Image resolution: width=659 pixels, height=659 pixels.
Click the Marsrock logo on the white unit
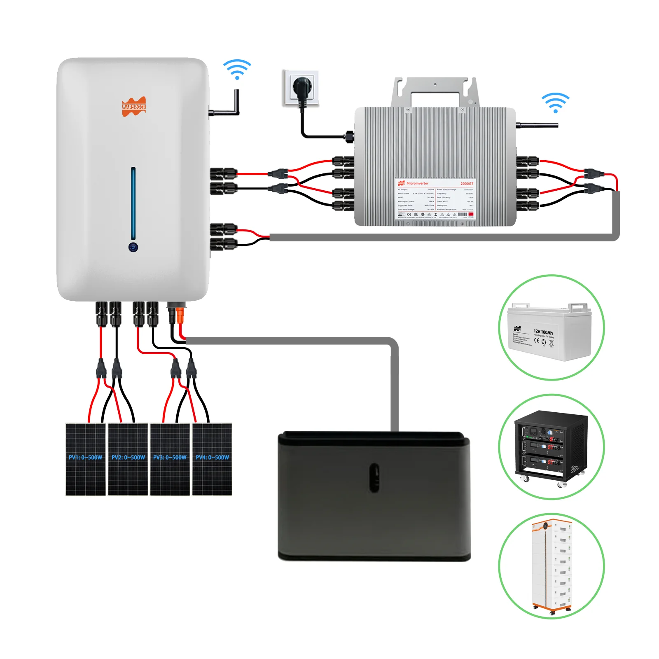pyautogui.click(x=134, y=107)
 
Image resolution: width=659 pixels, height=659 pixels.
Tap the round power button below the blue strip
pyautogui.click(x=133, y=247)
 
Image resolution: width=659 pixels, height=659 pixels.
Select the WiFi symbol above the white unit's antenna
pyautogui.click(x=237, y=69)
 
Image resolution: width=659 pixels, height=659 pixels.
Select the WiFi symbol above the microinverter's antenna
pyautogui.click(x=555, y=103)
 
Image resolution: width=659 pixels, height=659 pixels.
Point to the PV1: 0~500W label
pyautogui.click(x=85, y=457)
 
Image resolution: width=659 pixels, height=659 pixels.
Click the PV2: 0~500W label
pyautogui.click(x=128, y=457)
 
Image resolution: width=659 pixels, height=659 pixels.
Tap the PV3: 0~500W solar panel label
pyautogui.click(x=170, y=457)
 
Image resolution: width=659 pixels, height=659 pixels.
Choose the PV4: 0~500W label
pyautogui.click(x=212, y=457)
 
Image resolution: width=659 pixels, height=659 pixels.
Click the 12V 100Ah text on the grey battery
pyautogui.click(x=543, y=332)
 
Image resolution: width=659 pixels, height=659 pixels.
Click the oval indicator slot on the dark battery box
pyautogui.click(x=374, y=477)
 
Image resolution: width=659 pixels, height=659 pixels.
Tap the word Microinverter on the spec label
pyautogui.click(x=417, y=183)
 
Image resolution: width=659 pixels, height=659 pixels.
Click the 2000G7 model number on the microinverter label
pyautogui.click(x=466, y=184)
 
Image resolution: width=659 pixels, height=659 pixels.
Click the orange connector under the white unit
pyautogui.click(x=180, y=316)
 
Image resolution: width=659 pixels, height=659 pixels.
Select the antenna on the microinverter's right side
pyautogui.click(x=537, y=125)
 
